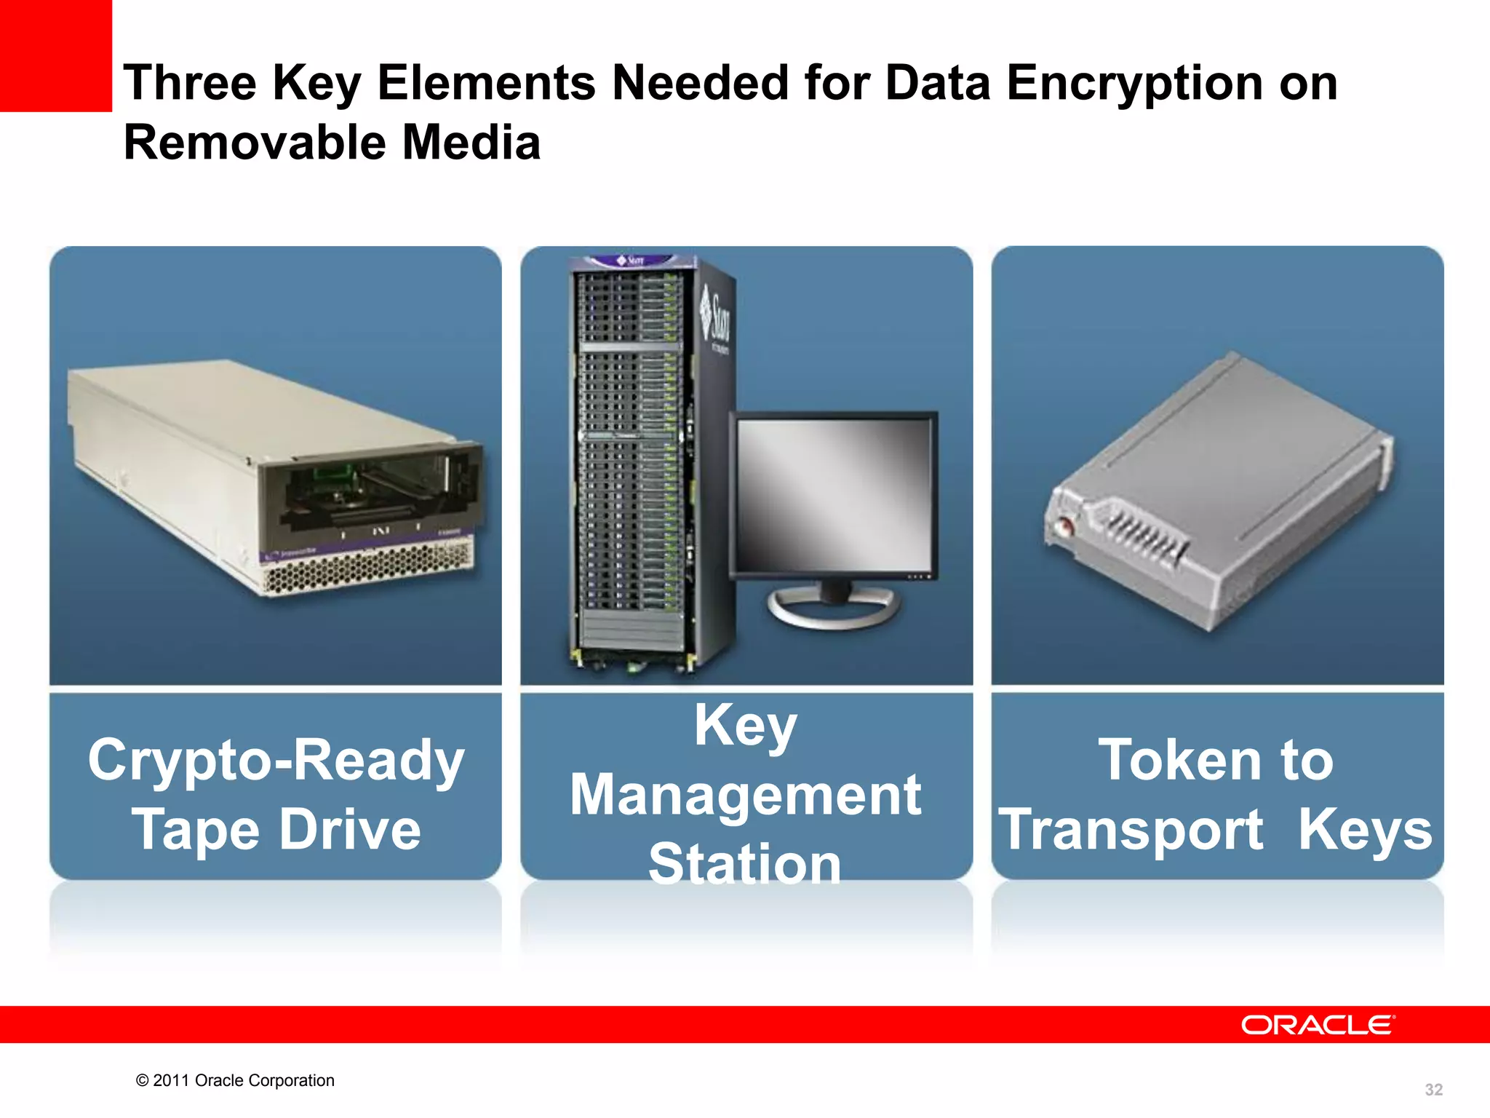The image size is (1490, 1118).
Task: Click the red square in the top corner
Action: [55, 55]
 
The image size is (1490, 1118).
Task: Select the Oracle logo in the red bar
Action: [1317, 1025]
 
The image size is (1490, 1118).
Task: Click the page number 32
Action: [1433, 1090]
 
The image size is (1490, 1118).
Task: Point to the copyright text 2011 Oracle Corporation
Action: [235, 1080]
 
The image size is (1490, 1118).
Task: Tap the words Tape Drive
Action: [276, 830]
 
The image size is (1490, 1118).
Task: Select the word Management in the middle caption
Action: [746, 795]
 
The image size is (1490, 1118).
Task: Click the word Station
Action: [746, 864]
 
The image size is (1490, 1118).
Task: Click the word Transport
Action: [1131, 830]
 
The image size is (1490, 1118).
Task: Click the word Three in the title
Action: [189, 84]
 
